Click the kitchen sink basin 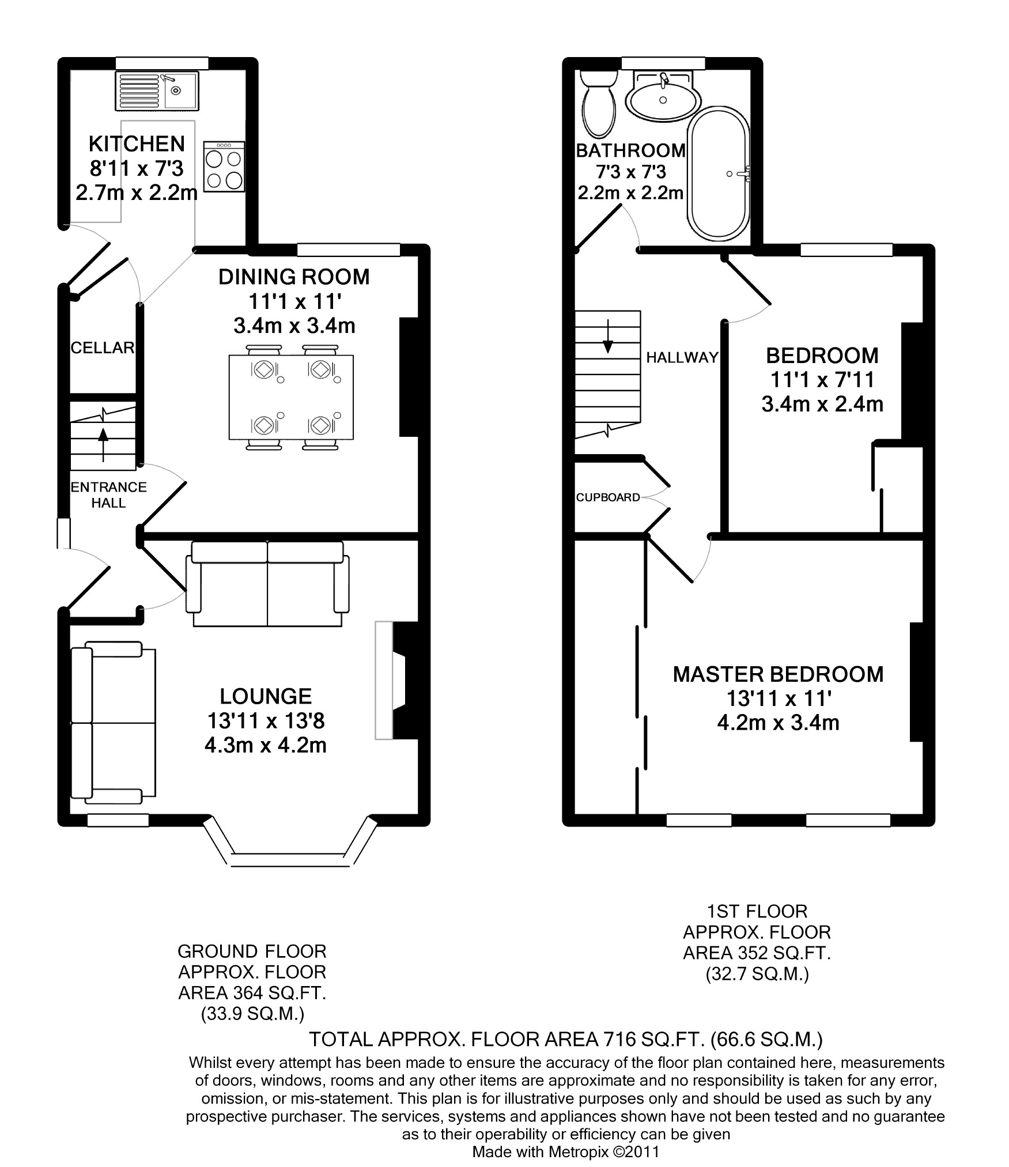(180, 91)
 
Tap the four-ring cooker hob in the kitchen (224, 167)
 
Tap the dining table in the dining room (291, 397)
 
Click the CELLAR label (103, 348)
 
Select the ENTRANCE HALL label (108, 494)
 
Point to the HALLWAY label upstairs (682, 357)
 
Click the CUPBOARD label (608, 497)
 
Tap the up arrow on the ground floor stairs (103, 444)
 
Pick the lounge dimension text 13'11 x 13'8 (266, 720)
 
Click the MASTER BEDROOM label (778, 674)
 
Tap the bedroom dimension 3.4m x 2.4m (822, 404)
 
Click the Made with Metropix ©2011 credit (565, 1151)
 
